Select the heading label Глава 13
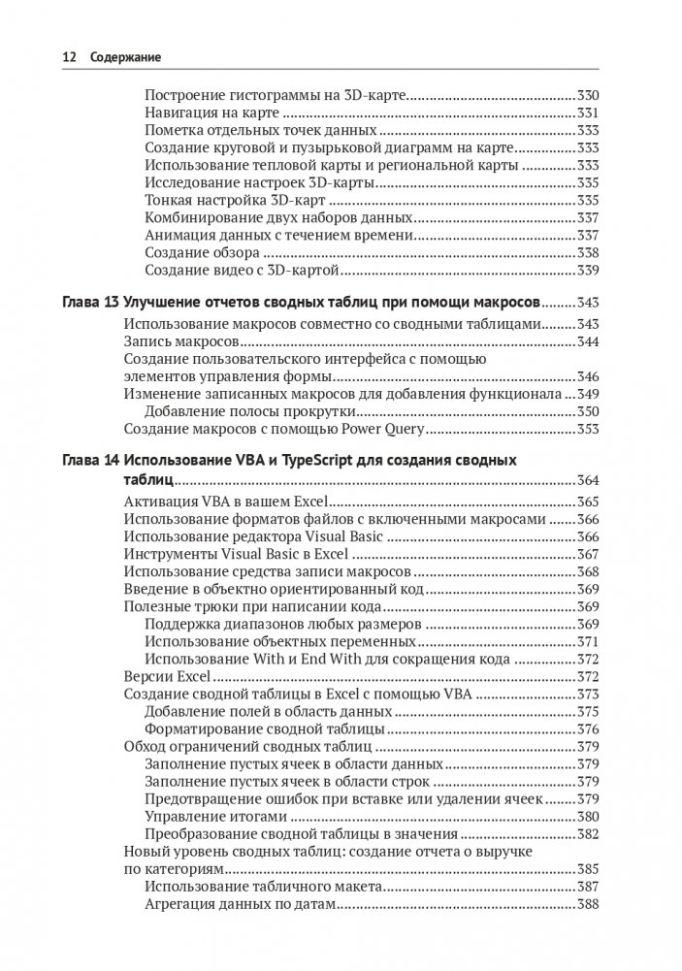(x=88, y=302)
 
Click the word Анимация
(x=176, y=235)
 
